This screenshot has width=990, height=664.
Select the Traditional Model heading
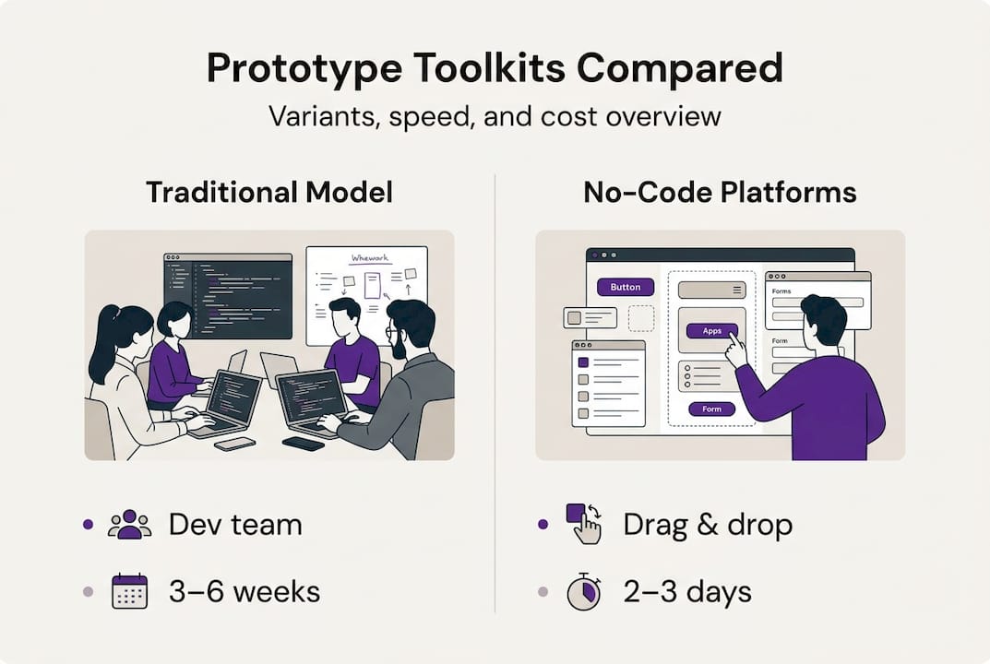coord(268,192)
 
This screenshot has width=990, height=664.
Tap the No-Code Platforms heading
coord(720,192)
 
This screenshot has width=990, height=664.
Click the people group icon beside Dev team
coord(129,524)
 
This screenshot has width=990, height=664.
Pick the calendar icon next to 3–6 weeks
coord(129,591)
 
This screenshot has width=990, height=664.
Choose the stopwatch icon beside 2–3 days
coord(582,591)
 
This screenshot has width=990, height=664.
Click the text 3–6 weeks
coord(244,591)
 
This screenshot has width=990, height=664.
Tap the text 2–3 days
coord(687,591)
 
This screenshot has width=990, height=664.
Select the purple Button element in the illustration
coord(626,287)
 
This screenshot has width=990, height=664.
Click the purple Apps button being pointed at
coord(711,331)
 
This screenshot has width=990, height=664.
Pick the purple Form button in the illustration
coord(711,409)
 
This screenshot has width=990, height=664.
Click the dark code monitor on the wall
coord(228,295)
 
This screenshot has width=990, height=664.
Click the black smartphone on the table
coord(303,444)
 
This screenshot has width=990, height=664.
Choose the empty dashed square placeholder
coord(640,318)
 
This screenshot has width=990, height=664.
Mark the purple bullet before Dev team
coord(88,524)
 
